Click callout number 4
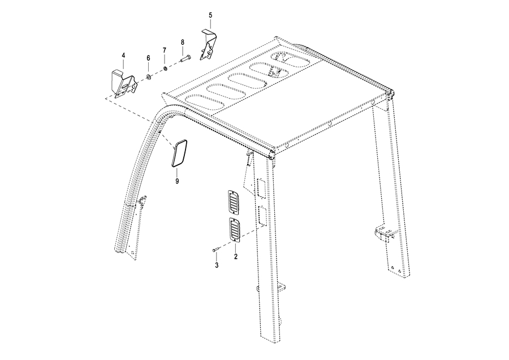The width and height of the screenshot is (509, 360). (x=123, y=55)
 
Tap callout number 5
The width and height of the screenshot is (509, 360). (x=210, y=15)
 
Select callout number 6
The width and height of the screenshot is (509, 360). (x=148, y=58)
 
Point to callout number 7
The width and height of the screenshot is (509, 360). (x=164, y=50)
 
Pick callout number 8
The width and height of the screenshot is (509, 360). (x=183, y=42)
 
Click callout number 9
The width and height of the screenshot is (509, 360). (x=177, y=181)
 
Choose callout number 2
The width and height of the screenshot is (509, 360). (x=236, y=256)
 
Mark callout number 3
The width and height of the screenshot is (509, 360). (x=217, y=265)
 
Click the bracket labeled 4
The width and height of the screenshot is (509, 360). (x=124, y=84)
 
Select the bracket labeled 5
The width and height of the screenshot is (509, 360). (x=208, y=45)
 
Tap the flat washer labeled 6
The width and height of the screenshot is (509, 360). (x=148, y=77)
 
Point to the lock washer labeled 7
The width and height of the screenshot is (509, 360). (x=165, y=68)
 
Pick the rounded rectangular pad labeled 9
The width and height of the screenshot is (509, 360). (x=179, y=153)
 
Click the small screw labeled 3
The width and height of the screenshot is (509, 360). (x=217, y=249)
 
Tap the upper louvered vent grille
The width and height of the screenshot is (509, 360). (x=234, y=202)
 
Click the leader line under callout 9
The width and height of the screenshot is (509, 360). (x=176, y=173)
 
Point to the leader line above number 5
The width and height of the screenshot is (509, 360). (x=210, y=24)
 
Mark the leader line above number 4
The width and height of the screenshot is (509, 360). (x=123, y=65)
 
